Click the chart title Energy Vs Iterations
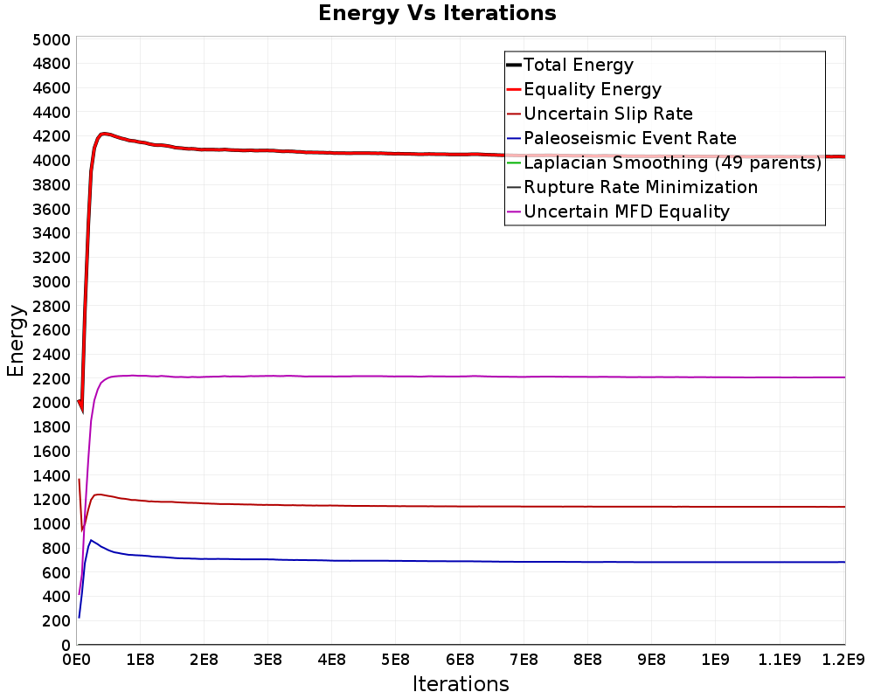tap(437, 13)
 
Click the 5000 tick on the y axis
tap(52, 40)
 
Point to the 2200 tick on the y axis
tap(52, 379)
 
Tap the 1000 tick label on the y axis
tap(52, 524)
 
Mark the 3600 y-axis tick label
tap(52, 210)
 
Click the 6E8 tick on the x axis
tap(460, 660)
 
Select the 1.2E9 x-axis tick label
tap(844, 660)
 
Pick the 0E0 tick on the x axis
tap(76, 660)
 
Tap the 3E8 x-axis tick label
tap(268, 660)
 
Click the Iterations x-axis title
tap(461, 683)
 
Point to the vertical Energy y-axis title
tap(16, 341)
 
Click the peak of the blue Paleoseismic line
tap(91, 540)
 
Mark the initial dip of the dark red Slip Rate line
tap(82, 530)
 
